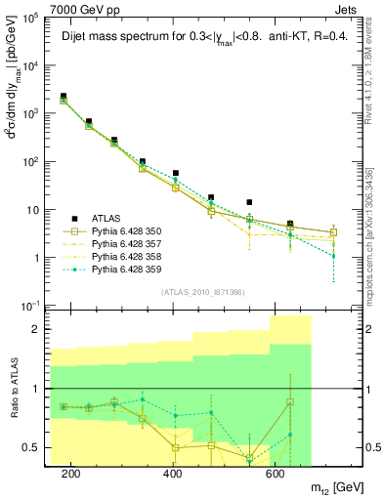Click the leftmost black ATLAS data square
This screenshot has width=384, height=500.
pos(64,96)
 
